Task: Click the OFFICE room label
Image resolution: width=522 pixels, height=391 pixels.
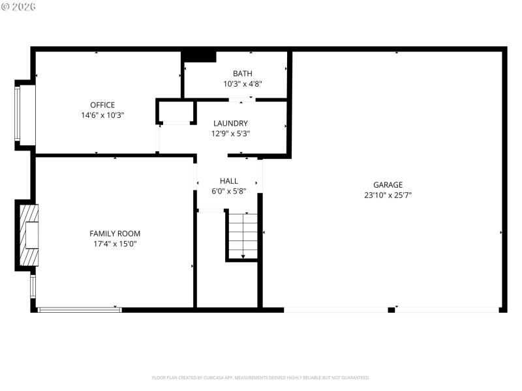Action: coord(102,105)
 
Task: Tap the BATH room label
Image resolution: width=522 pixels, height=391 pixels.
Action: coord(243,74)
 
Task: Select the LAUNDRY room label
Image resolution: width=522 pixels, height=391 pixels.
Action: coord(230,123)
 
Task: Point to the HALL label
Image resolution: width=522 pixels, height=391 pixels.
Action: coord(228,181)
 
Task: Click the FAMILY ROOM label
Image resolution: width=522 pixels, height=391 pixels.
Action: coord(115,233)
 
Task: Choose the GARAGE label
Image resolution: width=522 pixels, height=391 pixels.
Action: coord(388,184)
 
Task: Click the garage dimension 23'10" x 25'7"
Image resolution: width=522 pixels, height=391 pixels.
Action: coord(388,195)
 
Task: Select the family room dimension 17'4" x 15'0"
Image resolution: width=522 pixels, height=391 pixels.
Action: coord(115,244)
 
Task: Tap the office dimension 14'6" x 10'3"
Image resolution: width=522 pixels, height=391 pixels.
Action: coord(102,115)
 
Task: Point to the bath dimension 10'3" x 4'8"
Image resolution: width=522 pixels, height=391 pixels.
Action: coord(243,83)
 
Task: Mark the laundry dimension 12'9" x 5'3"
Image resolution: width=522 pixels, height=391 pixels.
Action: coord(230,133)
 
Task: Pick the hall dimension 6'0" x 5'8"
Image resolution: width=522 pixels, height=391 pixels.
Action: coord(228,191)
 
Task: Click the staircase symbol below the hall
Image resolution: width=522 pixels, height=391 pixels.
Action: coord(243,235)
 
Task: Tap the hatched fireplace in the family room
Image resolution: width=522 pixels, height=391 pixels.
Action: coord(29,235)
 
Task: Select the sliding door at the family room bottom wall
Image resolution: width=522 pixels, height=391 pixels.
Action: coord(80,310)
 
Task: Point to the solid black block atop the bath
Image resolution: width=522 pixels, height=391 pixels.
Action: coord(199,56)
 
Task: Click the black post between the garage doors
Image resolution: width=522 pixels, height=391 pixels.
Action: coord(391,310)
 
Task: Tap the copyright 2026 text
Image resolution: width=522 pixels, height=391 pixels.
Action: coord(19,7)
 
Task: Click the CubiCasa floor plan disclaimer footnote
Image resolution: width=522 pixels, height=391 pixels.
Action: coord(261,377)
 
